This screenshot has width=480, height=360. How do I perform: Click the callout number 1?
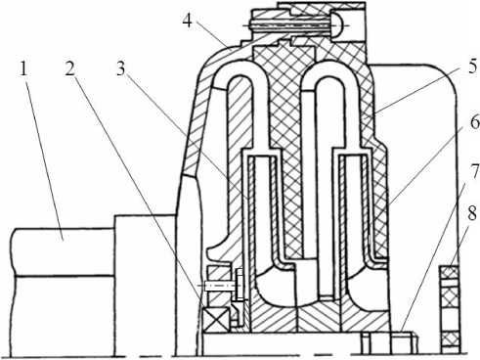(x=22, y=69)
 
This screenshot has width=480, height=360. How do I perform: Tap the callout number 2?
(x=69, y=69)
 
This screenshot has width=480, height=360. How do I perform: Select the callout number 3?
(x=121, y=69)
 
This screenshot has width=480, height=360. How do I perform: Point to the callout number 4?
(x=188, y=22)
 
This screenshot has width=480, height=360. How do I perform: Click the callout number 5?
(x=471, y=67)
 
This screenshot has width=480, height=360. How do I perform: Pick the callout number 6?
(x=473, y=123)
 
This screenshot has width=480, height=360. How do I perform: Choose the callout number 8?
(x=472, y=214)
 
